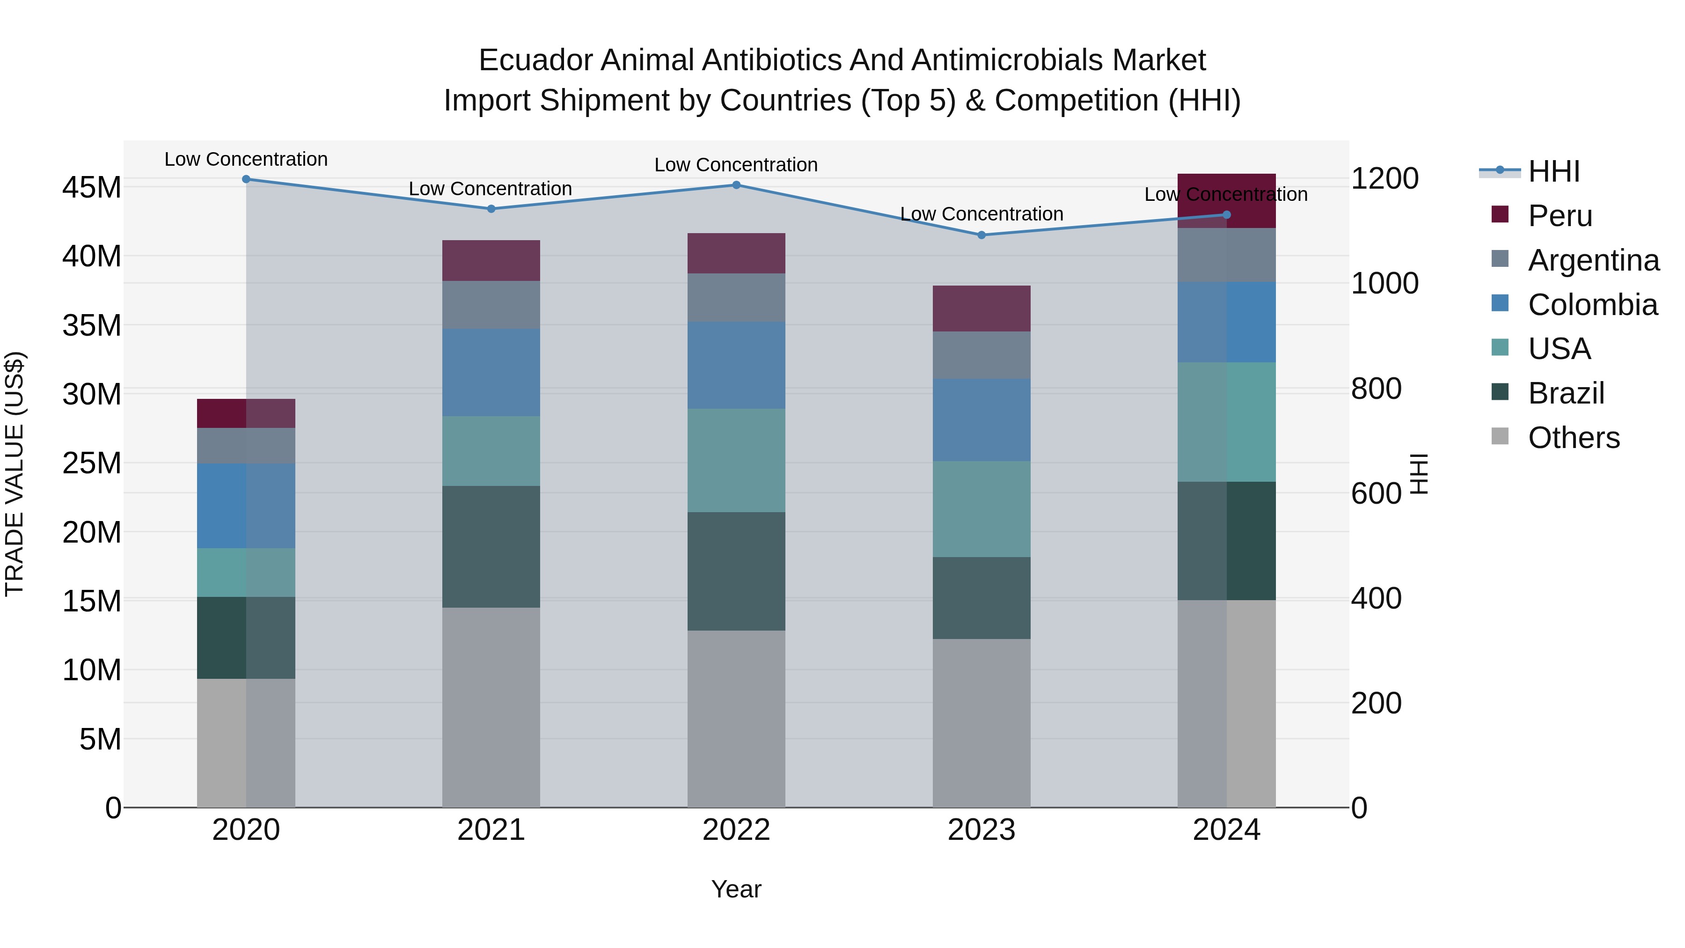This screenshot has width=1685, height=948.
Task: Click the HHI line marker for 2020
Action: [246, 179]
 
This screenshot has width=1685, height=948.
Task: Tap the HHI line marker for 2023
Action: [981, 235]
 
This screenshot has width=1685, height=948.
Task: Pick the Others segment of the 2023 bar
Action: [981, 723]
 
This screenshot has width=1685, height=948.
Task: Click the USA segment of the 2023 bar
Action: [981, 509]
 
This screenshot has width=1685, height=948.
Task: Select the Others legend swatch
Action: [1500, 436]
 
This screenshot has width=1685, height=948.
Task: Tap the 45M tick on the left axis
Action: [92, 188]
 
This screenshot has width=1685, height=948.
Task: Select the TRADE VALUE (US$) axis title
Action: [15, 474]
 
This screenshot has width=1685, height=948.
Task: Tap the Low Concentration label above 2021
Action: [490, 188]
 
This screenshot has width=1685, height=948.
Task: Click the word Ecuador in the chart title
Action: [536, 60]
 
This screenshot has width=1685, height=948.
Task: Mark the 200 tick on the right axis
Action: [1376, 703]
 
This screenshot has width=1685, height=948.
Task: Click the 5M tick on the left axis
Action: [100, 739]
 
